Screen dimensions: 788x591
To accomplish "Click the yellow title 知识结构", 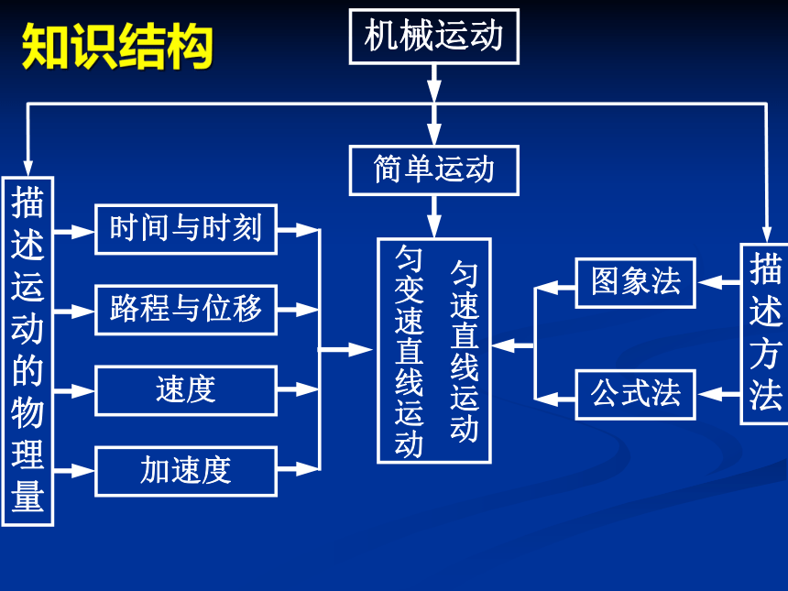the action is (117, 46).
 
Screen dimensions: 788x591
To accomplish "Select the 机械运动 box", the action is (433, 36).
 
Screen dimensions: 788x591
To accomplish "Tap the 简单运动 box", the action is (433, 170).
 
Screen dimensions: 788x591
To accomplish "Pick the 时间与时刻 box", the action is (186, 229).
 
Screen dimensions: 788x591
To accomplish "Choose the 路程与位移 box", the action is (186, 310).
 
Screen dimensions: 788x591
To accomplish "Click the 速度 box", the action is (186, 390).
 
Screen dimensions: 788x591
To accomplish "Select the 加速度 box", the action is (186, 471).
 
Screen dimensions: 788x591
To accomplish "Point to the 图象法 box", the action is (635, 282).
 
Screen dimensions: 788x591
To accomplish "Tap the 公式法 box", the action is (635, 395).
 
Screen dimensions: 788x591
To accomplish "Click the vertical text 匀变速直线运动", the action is (409, 351).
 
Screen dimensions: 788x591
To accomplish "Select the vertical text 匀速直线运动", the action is (464, 351).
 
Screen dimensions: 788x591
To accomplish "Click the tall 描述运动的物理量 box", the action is (27, 351).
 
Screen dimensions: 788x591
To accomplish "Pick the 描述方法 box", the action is (765, 334).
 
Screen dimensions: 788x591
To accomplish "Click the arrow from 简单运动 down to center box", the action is (434, 216).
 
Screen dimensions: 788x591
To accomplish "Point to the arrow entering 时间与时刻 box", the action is (74, 232).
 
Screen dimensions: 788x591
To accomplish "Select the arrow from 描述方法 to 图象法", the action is (718, 282).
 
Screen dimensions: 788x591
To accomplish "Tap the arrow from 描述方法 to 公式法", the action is (718, 395).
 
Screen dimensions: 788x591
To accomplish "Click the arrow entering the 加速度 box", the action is (74, 471).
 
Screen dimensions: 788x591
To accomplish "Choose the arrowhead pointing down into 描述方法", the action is (766, 235).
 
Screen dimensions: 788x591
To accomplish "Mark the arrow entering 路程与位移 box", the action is (74, 312).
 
